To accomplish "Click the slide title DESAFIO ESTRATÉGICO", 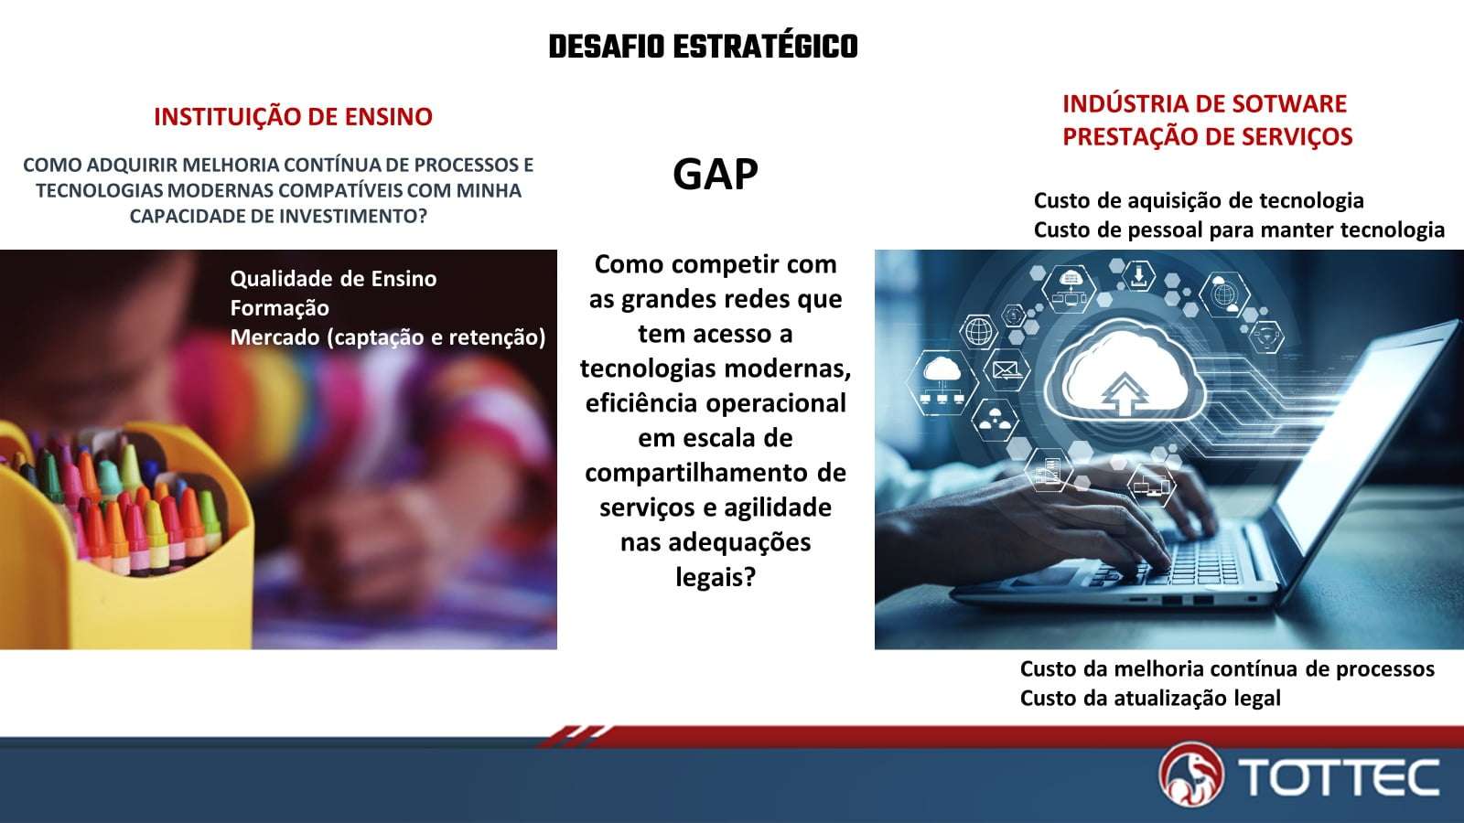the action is click(x=704, y=47).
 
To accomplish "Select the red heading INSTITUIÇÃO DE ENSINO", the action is click(x=293, y=116).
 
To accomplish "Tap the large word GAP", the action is click(x=716, y=174).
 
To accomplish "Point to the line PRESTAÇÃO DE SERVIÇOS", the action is click(x=1207, y=136).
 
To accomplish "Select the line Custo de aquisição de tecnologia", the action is click(x=1199, y=200).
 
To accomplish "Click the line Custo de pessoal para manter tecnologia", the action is click(x=1239, y=230).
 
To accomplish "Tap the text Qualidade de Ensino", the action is click(x=333, y=279).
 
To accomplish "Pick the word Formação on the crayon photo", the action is click(x=280, y=308).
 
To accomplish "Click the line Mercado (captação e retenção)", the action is click(x=388, y=337).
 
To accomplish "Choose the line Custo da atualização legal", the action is click(x=1150, y=699).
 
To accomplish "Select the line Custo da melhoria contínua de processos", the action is click(x=1227, y=668).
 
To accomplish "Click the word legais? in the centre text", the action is click(x=716, y=577).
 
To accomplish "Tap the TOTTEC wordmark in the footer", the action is click(x=1340, y=776).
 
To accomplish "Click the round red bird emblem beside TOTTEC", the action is click(x=1190, y=775).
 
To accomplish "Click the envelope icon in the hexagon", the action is click(x=1006, y=369).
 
